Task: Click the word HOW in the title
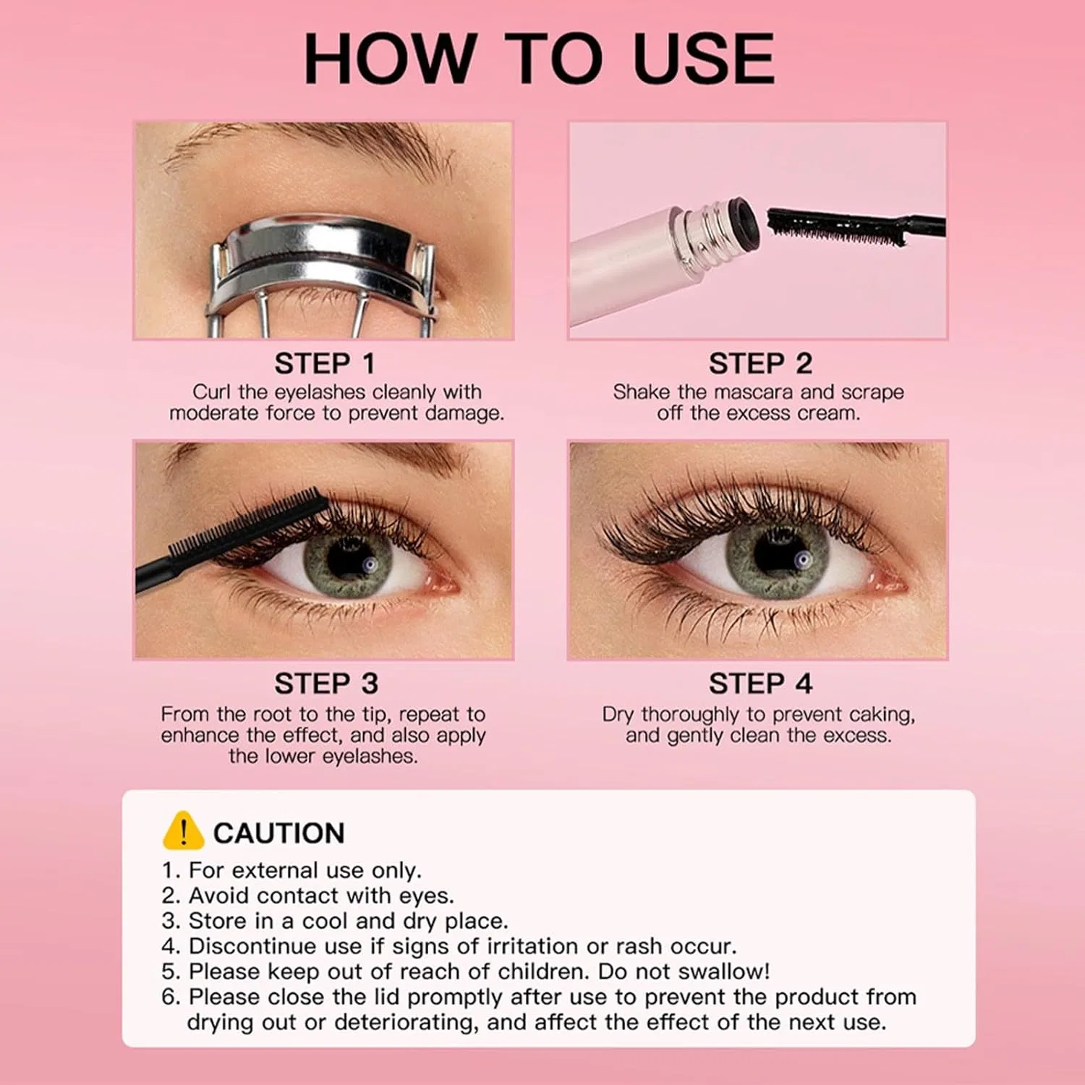tap(390, 59)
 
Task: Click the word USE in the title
tap(703, 59)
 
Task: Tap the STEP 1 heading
tap(325, 364)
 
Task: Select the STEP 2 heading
tap(760, 364)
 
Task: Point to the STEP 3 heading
tap(326, 684)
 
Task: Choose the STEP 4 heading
tap(760, 684)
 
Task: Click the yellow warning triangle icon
tap(183, 830)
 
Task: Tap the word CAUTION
tap(278, 833)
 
